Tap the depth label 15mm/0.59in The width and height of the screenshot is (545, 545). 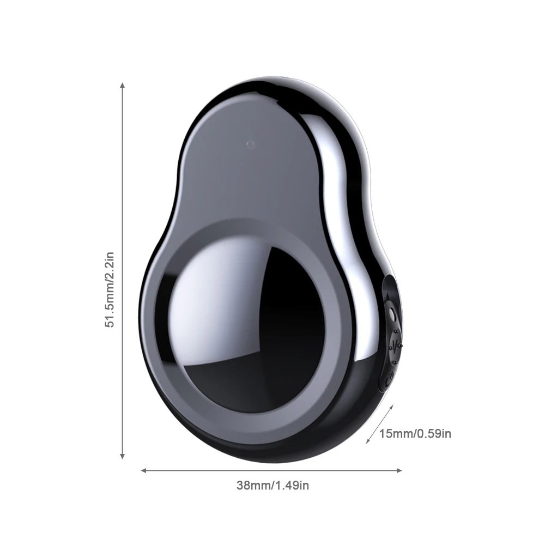(415, 434)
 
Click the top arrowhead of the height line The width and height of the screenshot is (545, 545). (123, 86)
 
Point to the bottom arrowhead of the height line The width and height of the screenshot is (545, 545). (123, 456)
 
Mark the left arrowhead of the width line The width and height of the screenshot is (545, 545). (144, 470)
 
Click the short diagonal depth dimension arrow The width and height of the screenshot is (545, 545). (379, 423)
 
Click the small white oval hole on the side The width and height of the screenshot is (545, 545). (392, 314)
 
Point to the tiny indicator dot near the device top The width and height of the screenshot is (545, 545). (249, 144)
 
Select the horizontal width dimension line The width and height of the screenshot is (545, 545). (272, 470)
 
